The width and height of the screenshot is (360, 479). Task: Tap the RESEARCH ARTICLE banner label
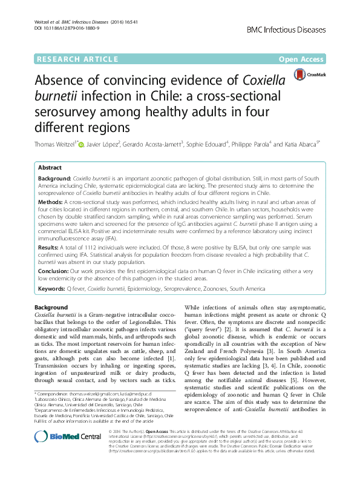77,59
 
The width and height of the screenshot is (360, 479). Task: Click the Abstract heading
50,167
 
